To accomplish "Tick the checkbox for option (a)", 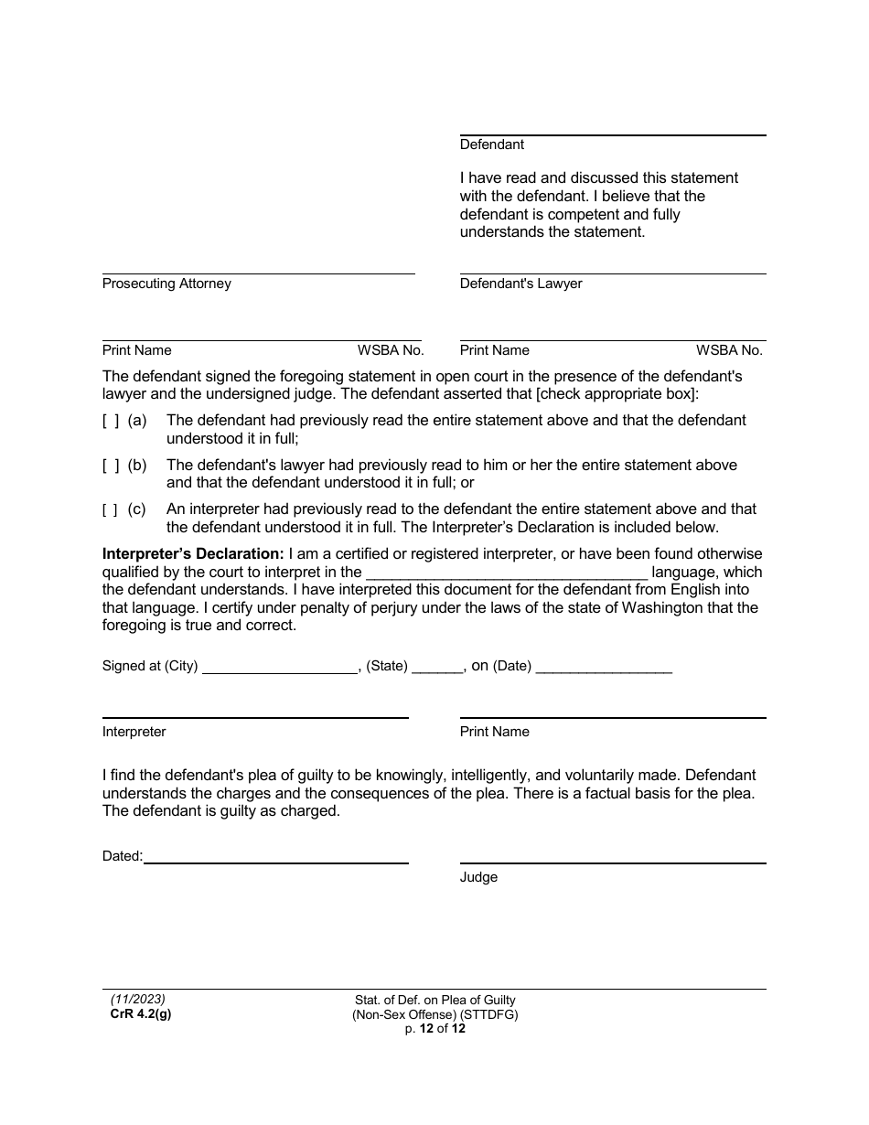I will coord(110,421).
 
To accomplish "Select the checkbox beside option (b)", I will coord(110,466).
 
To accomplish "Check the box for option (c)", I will coord(110,510).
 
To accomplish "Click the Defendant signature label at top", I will coord(492,145).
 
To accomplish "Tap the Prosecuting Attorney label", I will coord(166,284).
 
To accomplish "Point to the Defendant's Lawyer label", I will coord(520,284).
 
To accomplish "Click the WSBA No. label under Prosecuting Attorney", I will coord(390,350).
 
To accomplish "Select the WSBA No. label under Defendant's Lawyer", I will coord(729,350).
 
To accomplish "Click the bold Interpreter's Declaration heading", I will coord(193,554).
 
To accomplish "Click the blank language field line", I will coord(507,576).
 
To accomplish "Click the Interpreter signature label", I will coord(134,732).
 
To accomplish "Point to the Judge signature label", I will coord(478,877).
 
